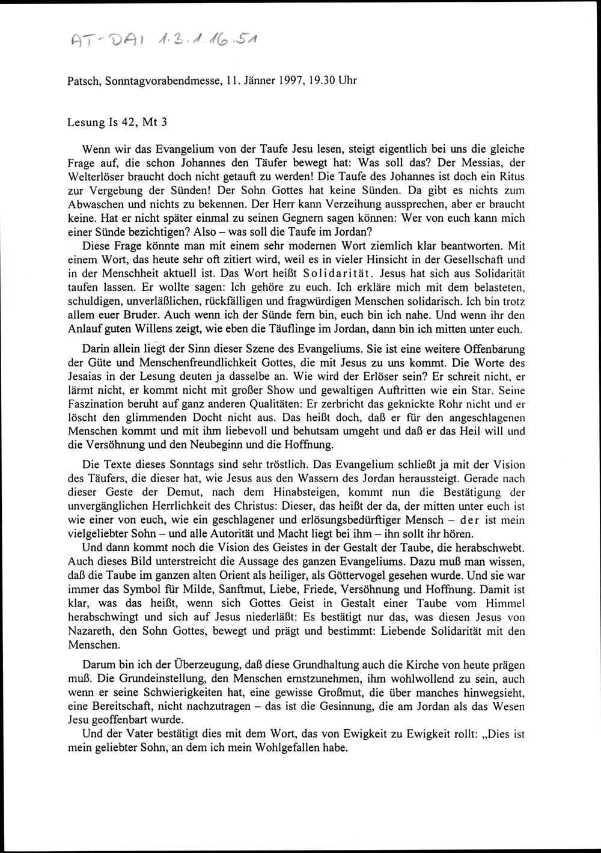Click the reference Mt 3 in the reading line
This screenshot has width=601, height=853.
(154, 121)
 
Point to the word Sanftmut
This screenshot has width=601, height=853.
(228, 590)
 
